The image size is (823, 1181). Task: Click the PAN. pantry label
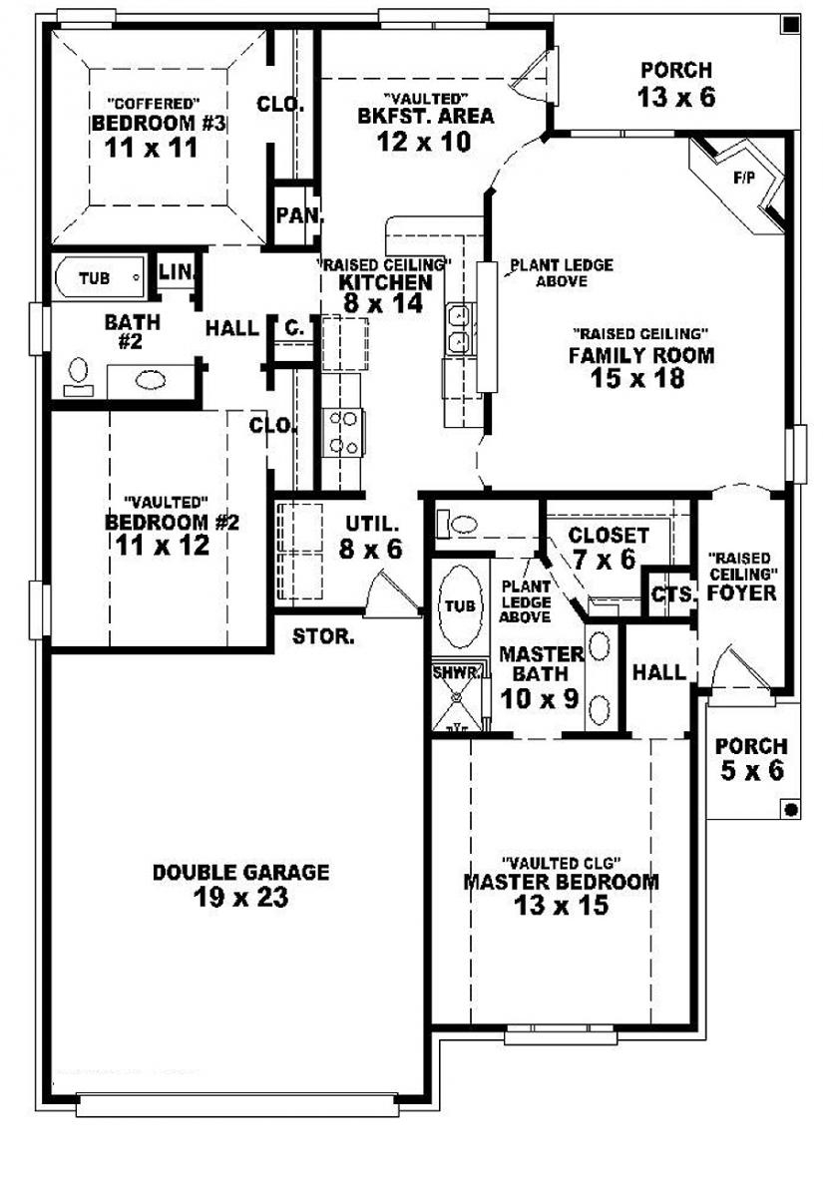(x=295, y=214)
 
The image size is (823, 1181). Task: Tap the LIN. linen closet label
(x=177, y=270)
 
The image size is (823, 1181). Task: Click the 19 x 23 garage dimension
(x=241, y=898)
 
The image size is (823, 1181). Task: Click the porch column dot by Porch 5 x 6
(x=790, y=807)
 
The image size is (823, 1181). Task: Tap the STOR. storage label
(x=322, y=637)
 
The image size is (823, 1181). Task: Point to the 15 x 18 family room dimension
(x=641, y=379)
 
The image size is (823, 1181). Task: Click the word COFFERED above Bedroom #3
(x=155, y=103)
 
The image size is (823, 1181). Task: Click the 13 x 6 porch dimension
(x=676, y=97)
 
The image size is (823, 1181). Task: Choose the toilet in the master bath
(x=462, y=523)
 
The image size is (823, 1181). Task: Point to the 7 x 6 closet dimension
(x=604, y=560)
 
